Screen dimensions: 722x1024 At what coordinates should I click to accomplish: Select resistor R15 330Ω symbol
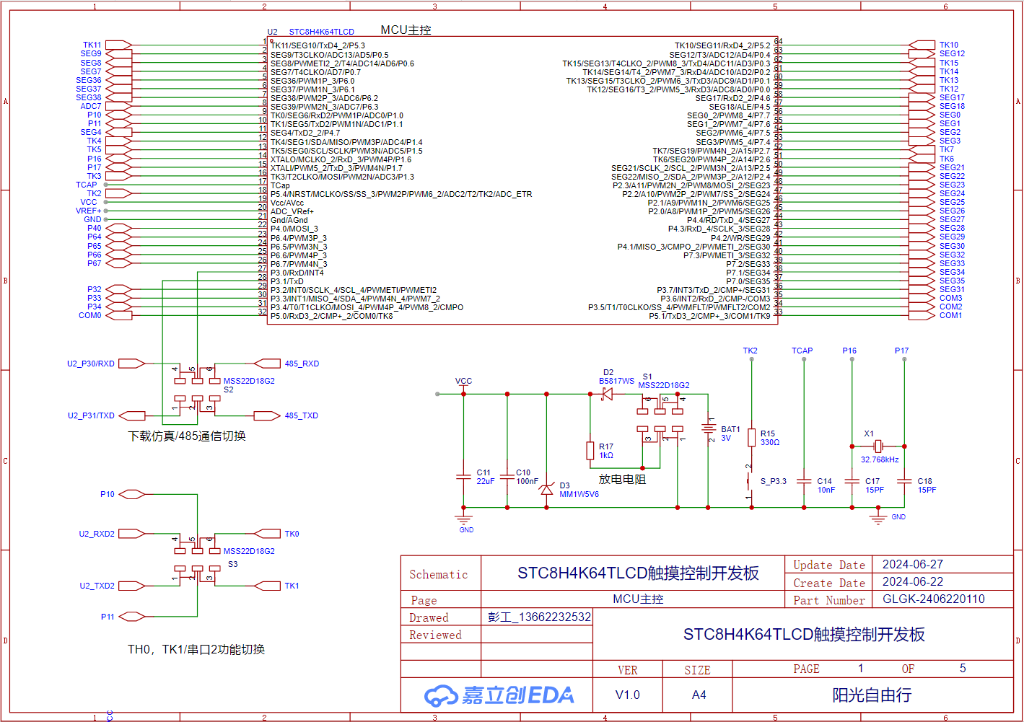pos(751,438)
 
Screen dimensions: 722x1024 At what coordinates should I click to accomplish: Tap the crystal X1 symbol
pos(878,446)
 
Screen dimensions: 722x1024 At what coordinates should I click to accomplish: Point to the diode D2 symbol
pos(606,394)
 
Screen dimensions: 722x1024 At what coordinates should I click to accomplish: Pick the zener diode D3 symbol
pos(546,490)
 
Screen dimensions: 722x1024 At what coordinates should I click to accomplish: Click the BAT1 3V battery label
pos(730,433)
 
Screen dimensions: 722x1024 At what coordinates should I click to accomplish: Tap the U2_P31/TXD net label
pos(91,415)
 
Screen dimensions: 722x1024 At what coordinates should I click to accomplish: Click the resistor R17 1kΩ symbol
pos(590,451)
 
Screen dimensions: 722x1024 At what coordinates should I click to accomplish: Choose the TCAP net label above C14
pos(802,351)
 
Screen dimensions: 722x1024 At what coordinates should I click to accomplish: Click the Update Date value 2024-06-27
pos(912,564)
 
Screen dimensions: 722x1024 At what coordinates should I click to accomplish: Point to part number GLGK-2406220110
pos(933,599)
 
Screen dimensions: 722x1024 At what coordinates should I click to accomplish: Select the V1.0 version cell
pos(627,695)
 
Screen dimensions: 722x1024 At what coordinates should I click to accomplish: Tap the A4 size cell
pos(699,695)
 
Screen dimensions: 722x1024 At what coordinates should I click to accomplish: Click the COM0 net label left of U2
pos(90,315)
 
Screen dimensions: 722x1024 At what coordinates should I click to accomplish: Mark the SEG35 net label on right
pos(952,281)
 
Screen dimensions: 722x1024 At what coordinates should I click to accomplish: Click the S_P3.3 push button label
pos(774,481)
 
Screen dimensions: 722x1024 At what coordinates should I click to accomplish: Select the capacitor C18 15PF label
pos(927,485)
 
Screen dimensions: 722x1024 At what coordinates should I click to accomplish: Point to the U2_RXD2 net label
pos(97,534)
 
